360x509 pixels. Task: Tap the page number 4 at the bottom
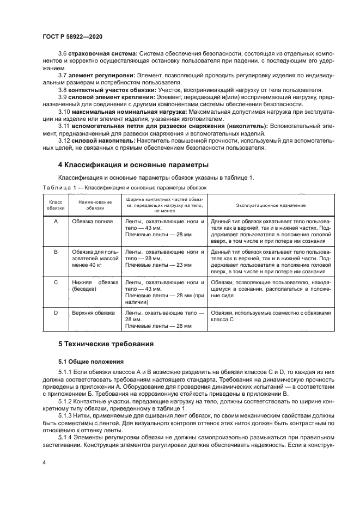coord(44,462)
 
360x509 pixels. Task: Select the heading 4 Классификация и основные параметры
coord(133,164)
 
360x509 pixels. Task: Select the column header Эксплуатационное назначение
coord(270,205)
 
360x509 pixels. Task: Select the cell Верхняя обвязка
coord(93,313)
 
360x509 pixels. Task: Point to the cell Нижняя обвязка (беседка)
coord(95,286)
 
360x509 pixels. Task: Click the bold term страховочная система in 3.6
coord(101,53)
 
